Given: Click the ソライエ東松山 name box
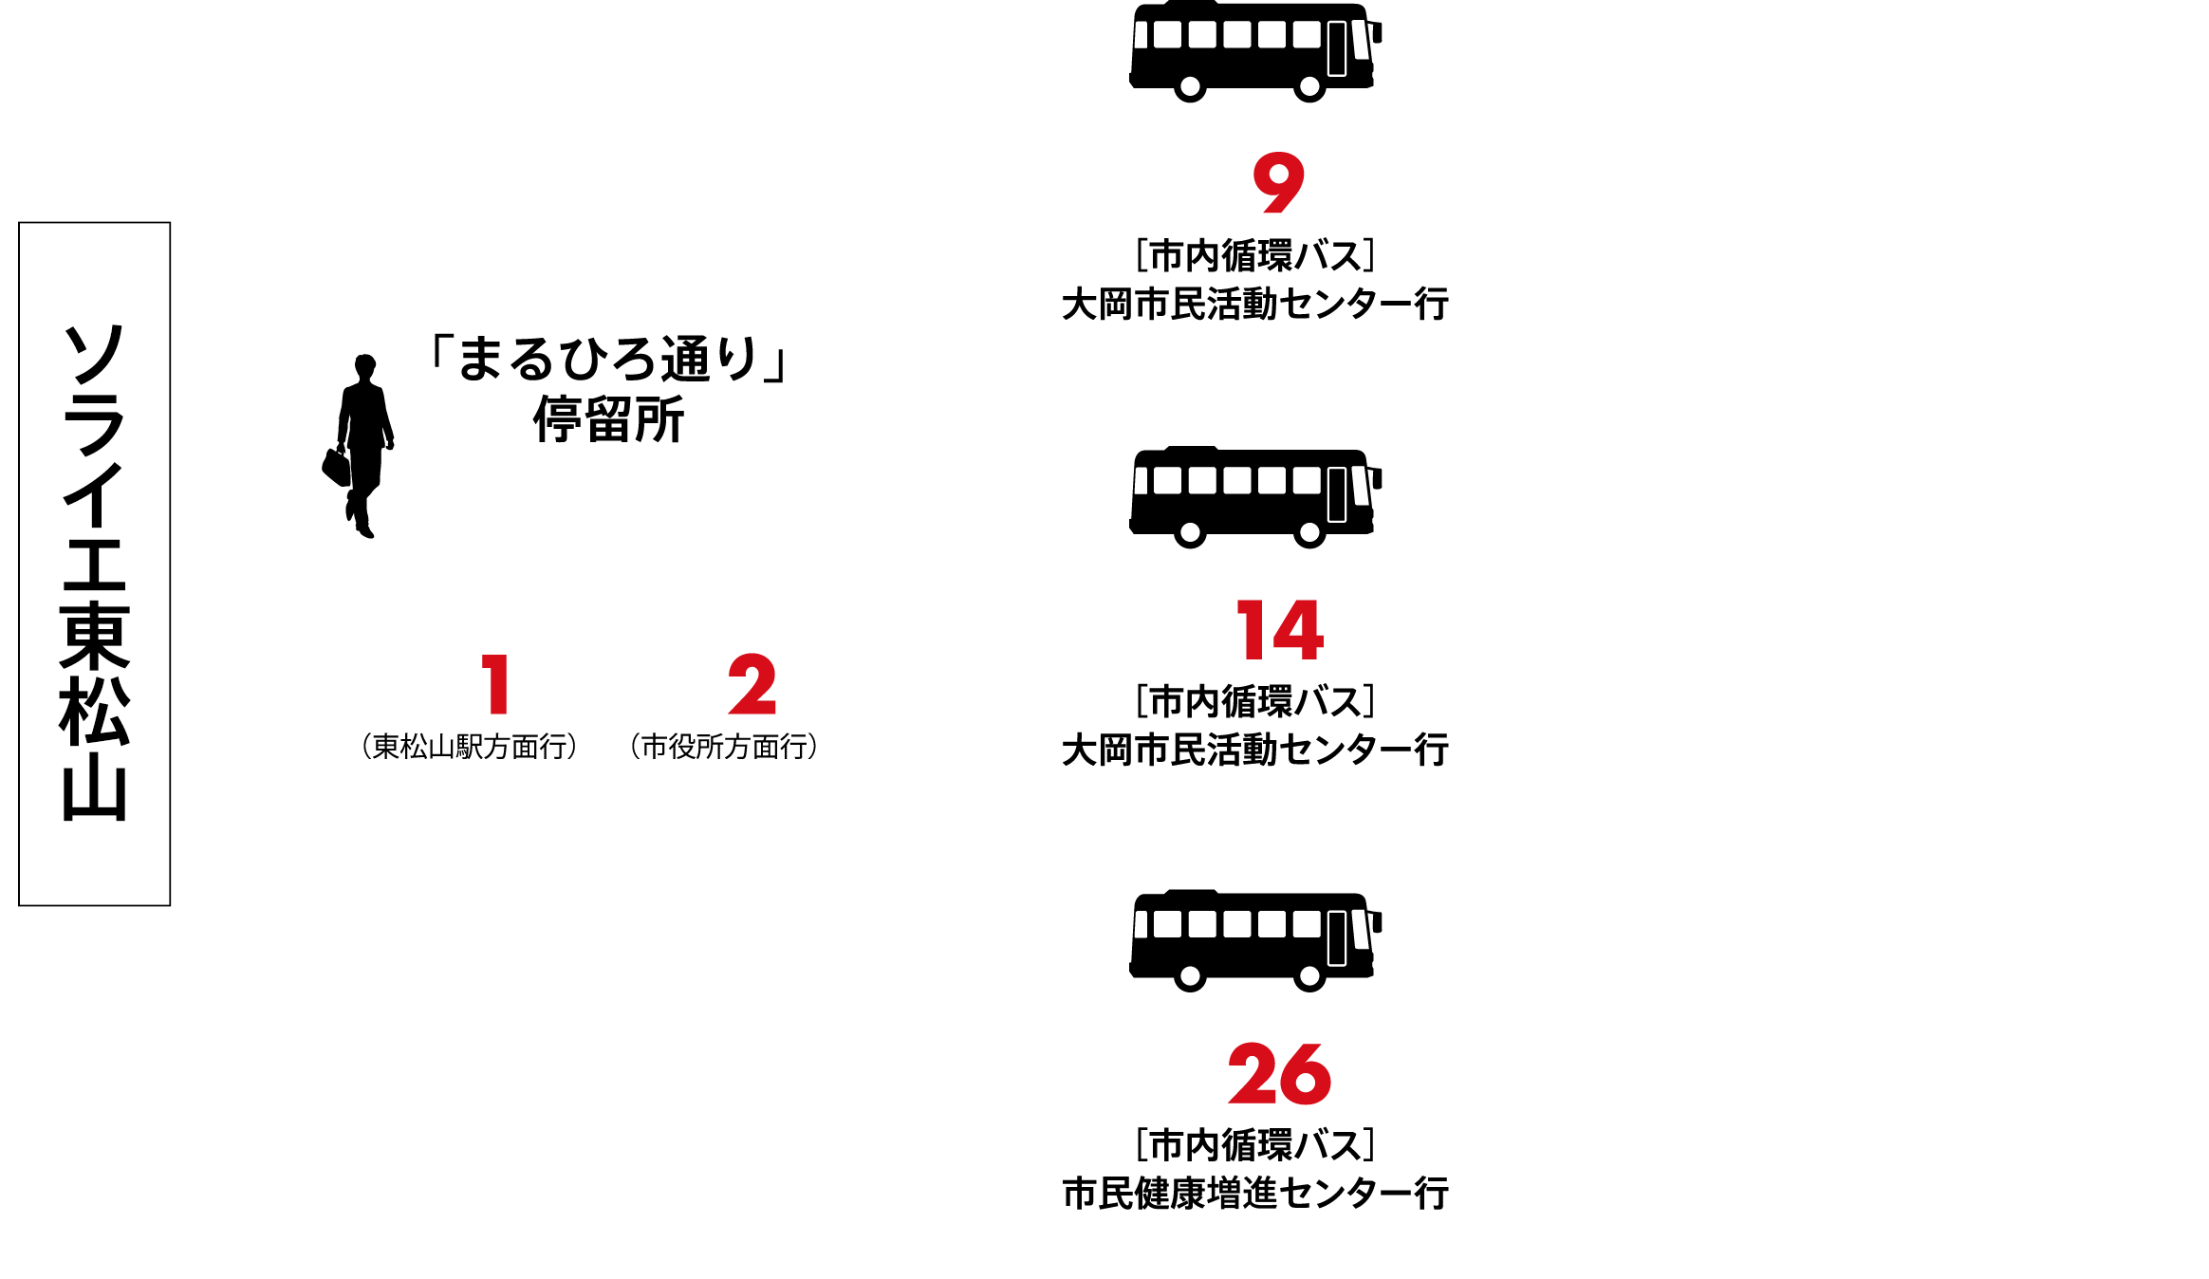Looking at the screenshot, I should coord(94,564).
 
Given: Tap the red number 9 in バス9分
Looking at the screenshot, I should coord(1278,184).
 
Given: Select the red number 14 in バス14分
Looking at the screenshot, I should coord(1279,630).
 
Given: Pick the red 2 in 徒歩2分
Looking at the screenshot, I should coord(752,684).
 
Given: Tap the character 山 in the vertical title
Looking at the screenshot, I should coord(94,791).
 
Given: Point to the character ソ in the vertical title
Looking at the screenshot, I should coord(94,355).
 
